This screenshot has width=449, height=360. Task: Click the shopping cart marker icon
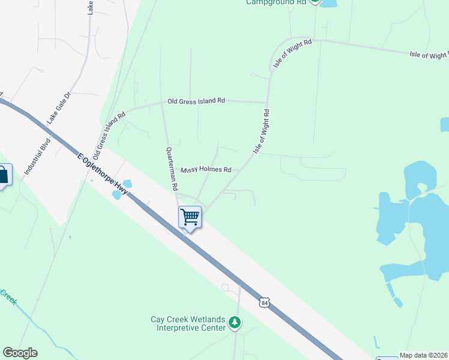click(x=190, y=217)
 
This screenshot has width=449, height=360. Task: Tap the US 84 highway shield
click(x=264, y=302)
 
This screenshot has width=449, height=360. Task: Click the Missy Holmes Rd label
click(x=206, y=170)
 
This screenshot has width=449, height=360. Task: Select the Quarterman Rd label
click(x=172, y=169)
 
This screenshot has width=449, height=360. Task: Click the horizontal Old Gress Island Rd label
click(x=196, y=101)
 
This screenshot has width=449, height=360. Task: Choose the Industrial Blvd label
click(x=36, y=157)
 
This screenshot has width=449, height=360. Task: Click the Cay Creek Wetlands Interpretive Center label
click(x=188, y=323)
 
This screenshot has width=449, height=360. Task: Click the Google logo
click(x=20, y=353)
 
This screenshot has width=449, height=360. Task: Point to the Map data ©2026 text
click(x=424, y=355)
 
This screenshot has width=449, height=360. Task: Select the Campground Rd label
click(x=276, y=2)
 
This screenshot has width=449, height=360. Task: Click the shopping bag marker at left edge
click(x=4, y=176)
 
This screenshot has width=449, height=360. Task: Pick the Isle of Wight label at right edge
click(x=429, y=55)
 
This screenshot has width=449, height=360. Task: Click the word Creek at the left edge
click(x=7, y=296)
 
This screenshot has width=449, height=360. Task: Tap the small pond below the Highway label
click(x=116, y=195)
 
